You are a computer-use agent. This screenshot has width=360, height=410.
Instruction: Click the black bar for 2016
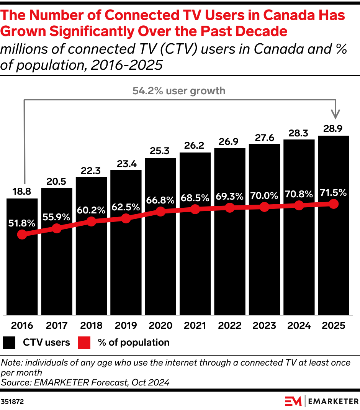22,256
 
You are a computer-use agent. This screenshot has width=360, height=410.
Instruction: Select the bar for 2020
160,236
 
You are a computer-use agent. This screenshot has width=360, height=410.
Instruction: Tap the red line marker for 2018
91,221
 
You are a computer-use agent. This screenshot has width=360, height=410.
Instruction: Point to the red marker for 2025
334,204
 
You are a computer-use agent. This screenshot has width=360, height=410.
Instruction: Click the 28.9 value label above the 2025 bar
333,129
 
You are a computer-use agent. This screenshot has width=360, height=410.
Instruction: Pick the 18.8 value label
22,192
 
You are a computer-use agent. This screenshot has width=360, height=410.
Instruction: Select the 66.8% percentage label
160,200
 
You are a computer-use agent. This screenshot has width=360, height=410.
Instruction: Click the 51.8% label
22,223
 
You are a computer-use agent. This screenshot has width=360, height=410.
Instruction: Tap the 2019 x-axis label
126,326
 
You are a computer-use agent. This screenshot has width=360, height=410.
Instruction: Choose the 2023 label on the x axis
264,326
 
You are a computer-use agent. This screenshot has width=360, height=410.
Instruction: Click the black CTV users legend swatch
9,343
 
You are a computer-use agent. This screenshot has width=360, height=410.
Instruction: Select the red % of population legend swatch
84,343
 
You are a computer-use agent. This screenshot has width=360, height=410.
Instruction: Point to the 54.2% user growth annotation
179,91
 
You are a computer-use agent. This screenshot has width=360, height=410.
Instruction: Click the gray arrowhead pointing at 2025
335,114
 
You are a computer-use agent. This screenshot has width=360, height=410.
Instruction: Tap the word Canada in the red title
288,15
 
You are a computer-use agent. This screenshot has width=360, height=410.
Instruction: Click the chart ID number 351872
12,402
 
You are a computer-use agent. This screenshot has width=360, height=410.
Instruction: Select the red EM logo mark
293,401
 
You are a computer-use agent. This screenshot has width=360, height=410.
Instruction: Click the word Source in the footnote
15,382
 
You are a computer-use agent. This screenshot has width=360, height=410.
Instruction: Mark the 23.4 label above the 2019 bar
127,164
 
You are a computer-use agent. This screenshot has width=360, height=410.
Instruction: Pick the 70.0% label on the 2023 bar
264,195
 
